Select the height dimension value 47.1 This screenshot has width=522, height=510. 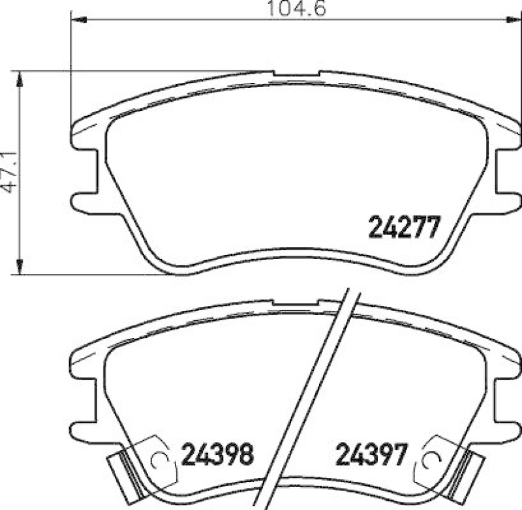tap(9, 172)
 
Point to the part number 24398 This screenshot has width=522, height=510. tap(217, 455)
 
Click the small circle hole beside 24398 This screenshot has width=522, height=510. tap(157, 459)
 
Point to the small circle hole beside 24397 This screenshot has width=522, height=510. tap(429, 459)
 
